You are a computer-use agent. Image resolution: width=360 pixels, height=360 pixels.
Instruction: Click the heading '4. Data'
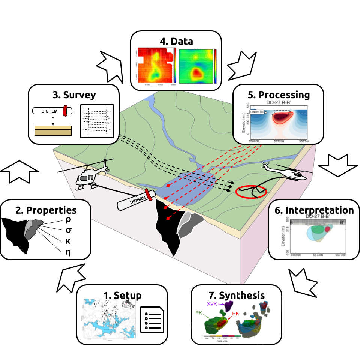(x=176, y=41)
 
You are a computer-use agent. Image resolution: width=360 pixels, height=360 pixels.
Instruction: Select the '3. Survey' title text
(x=74, y=94)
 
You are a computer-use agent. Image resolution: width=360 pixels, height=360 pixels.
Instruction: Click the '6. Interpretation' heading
(x=314, y=210)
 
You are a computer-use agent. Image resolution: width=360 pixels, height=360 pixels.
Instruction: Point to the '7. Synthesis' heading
(x=236, y=295)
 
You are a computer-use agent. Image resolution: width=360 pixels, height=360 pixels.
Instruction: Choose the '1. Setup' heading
(x=122, y=295)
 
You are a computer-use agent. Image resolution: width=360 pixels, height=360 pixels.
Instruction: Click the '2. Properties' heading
(x=46, y=210)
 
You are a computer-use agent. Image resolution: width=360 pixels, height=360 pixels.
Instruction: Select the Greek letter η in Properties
(x=68, y=252)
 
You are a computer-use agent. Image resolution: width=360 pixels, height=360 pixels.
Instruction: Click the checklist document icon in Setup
(x=152, y=319)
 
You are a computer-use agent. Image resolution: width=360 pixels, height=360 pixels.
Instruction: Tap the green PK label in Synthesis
(x=199, y=312)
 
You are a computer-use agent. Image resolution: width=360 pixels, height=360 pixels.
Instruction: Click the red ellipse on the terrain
(x=251, y=192)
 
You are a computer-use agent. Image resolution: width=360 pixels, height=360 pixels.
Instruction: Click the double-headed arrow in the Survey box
(x=53, y=120)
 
